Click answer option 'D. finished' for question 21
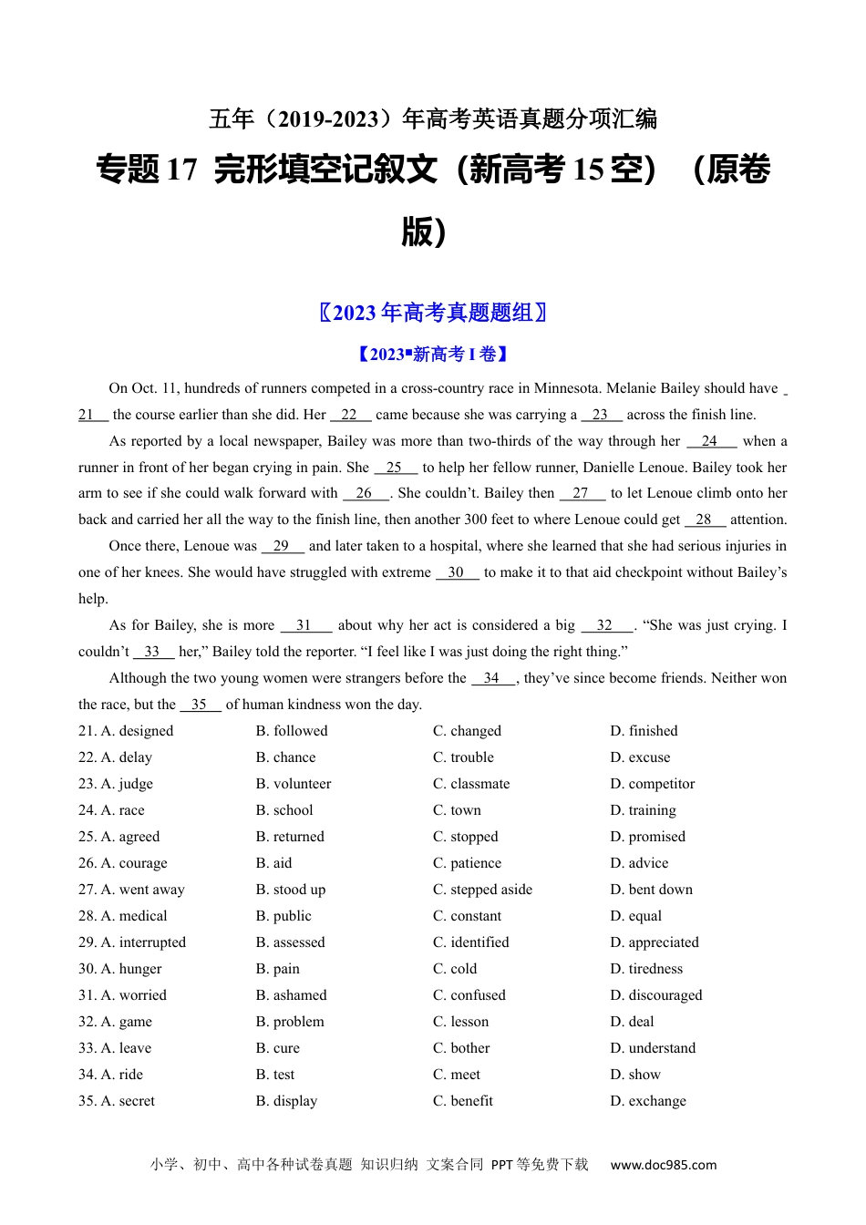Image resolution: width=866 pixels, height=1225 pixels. point(644,731)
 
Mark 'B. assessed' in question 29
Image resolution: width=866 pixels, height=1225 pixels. point(290,942)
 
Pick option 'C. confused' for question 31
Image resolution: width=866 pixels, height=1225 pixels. point(469,995)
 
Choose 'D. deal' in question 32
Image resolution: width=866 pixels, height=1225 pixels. point(632,1022)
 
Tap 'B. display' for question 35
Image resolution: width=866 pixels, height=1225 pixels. point(286,1101)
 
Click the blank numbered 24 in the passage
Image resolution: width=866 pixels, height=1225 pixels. point(710,441)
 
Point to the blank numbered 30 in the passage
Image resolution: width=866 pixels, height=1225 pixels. point(457,572)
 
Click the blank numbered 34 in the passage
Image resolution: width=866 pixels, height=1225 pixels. point(492,678)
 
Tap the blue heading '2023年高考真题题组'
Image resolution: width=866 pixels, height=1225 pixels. point(433,313)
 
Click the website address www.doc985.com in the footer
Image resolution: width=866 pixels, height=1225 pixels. point(663,1165)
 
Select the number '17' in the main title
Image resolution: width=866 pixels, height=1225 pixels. point(182,170)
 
